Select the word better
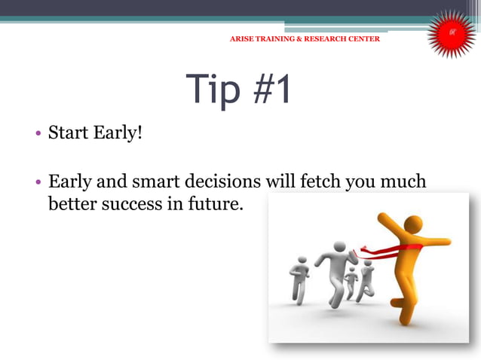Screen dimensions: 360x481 click(x=70, y=203)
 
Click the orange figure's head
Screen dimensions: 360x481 click(x=414, y=224)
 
